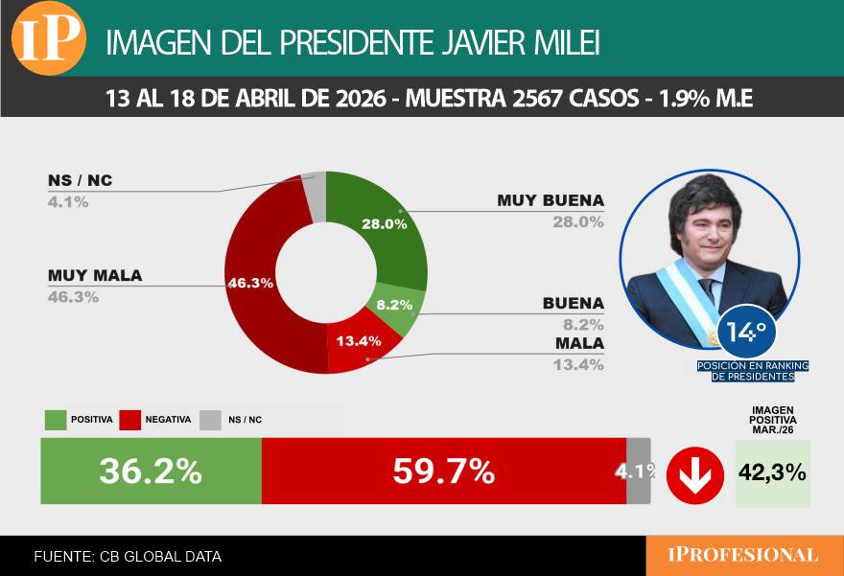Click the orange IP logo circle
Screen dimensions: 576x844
coord(49,37)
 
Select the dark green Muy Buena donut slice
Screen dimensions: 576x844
coord(388,230)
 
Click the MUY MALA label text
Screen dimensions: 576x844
coord(95,276)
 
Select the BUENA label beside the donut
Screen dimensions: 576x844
coord(573,303)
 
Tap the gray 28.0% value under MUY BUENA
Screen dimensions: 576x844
coord(577,221)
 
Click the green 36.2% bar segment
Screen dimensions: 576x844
coord(151,472)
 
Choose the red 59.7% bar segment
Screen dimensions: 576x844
coord(443,472)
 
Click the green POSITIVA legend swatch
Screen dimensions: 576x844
coord(56,420)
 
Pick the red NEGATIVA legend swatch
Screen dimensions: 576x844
coord(130,420)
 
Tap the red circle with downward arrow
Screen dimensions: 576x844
coord(694,473)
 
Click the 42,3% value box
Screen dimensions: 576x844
coord(772,472)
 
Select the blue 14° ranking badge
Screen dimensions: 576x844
coord(746,333)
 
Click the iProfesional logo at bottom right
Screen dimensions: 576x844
coord(744,555)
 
